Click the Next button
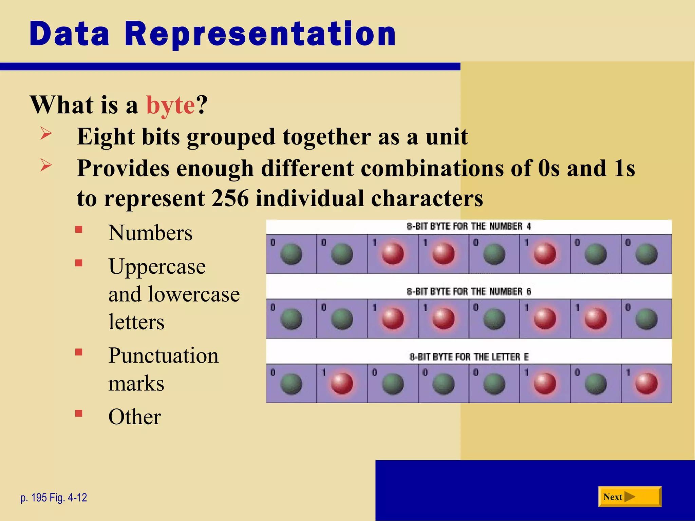[629, 497]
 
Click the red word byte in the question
[170, 105]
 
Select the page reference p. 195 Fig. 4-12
[54, 498]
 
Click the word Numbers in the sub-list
[150, 233]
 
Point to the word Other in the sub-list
[135, 417]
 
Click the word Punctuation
[164, 355]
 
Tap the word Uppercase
[157, 266]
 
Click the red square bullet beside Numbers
[79, 230]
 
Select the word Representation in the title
[260, 34]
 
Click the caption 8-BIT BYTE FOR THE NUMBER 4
[469, 226]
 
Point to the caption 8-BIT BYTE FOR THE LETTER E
[469, 357]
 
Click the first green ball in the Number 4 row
[291, 254]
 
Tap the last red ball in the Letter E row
[646, 384]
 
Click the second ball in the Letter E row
[342, 384]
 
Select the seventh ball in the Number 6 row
[596, 319]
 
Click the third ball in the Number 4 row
[393, 254]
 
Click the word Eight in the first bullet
[106, 137]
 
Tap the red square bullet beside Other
[79, 413]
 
